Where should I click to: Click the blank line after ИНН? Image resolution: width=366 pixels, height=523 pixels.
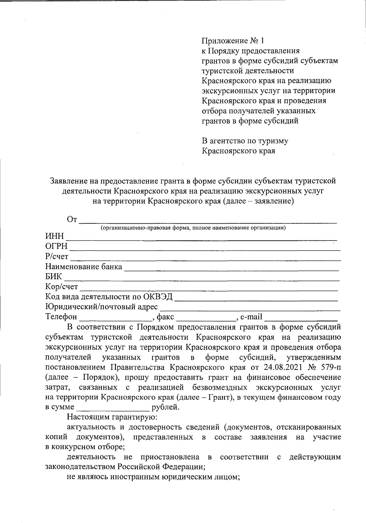click(201, 239)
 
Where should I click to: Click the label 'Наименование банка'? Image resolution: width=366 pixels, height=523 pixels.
click(84, 267)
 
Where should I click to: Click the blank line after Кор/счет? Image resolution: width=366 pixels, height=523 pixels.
click(209, 289)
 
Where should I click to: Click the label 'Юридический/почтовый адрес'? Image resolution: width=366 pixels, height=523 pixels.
click(102, 307)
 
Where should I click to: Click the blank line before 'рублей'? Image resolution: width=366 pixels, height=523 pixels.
click(113, 409)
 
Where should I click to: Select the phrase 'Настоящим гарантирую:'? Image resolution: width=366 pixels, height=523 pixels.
click(112, 417)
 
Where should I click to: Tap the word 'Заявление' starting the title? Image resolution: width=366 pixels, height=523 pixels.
click(69, 181)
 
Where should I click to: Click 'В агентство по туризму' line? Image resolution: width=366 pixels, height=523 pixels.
click(245, 141)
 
